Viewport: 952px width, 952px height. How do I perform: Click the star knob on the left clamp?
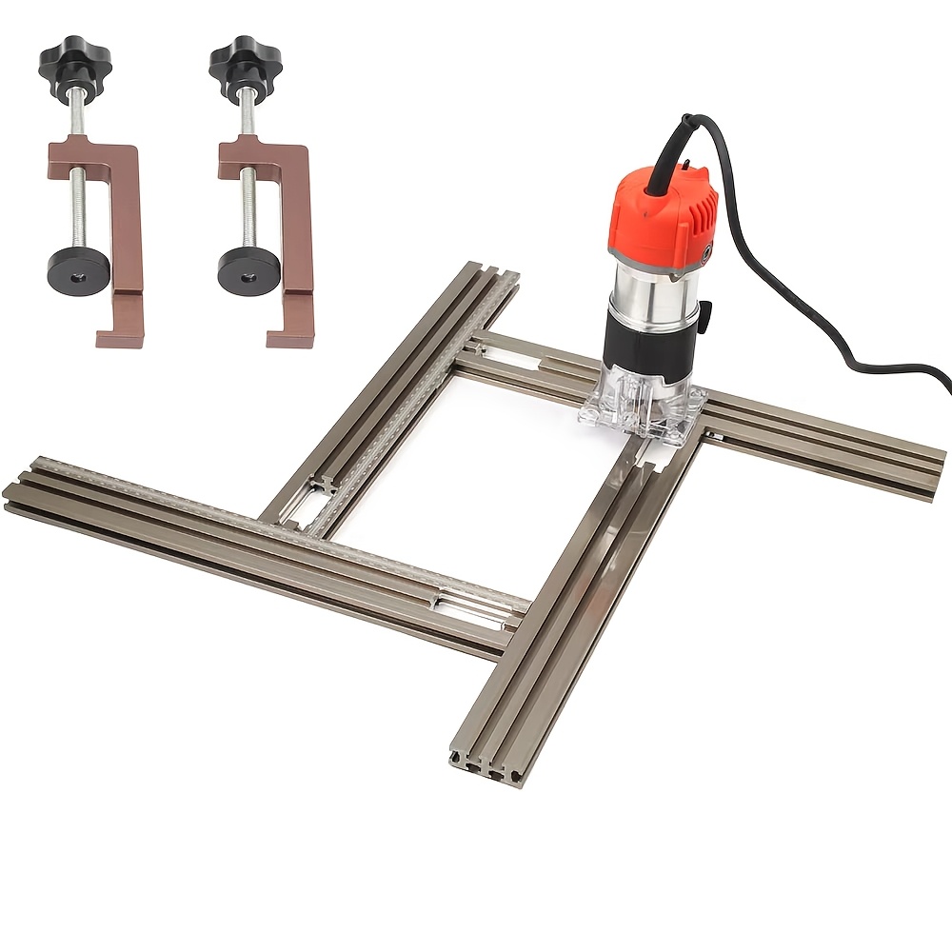pos(75,64)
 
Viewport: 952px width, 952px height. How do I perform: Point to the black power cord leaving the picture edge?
pos(938,381)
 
